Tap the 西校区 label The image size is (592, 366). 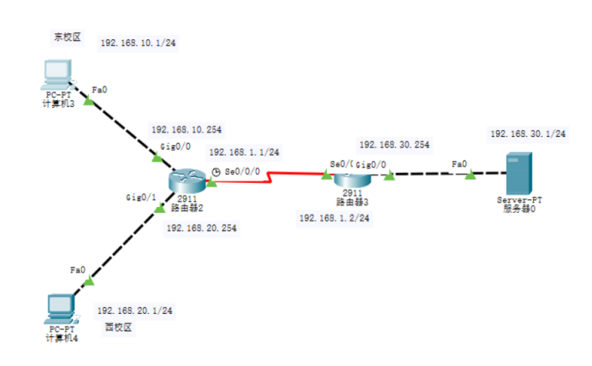(118, 327)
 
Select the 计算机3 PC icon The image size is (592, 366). (60, 75)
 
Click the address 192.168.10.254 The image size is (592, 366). (186, 130)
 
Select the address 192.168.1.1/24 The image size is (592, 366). (244, 152)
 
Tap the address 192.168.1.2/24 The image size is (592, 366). (334, 218)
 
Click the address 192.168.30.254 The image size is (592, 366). (394, 145)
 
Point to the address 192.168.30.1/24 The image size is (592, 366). (528, 134)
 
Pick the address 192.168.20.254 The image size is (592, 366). (201, 228)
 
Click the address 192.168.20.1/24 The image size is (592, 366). (135, 311)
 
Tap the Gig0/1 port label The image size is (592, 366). (140, 198)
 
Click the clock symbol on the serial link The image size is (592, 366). (216, 171)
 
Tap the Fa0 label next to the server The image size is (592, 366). (459, 163)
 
